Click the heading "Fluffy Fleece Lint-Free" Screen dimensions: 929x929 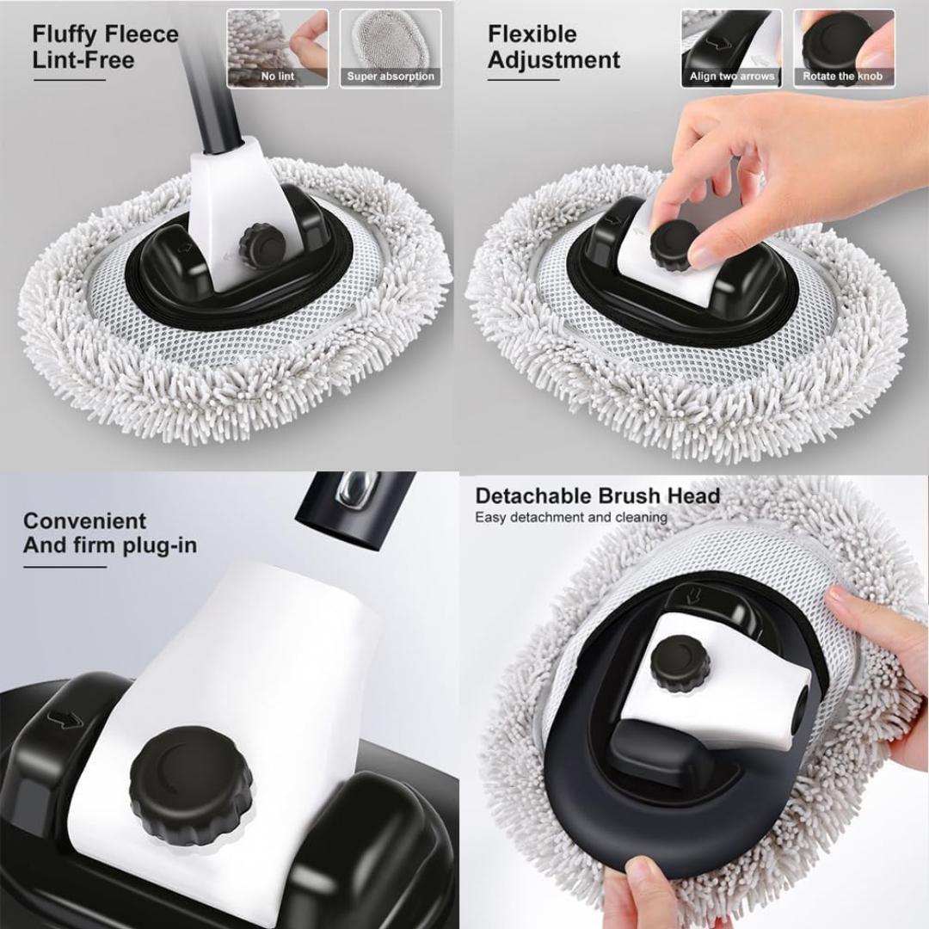coord(105,47)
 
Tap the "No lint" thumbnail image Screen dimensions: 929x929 coord(277,48)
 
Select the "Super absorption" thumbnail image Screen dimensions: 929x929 coord(391,48)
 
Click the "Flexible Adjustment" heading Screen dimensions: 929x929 coord(553,47)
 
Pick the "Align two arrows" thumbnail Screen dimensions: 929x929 coord(731,48)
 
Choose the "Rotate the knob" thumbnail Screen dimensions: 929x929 coord(843,48)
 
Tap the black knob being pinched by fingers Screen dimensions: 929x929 coord(674,243)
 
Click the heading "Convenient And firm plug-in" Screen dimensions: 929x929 coord(109,533)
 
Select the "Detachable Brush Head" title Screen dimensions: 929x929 coord(597,496)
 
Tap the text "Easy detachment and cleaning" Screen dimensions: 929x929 coord(571,518)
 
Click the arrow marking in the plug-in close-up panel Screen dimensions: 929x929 coord(65,719)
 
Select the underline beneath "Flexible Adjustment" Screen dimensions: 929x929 coord(523,80)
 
